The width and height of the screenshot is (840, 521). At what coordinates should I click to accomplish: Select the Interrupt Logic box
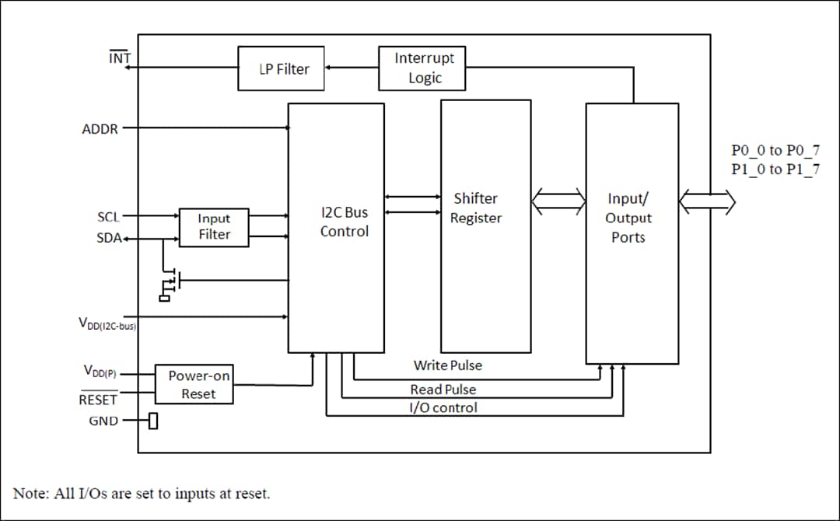coord(422,68)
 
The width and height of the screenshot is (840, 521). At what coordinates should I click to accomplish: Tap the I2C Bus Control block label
coord(344,222)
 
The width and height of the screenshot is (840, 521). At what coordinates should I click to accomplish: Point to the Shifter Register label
coord(475,208)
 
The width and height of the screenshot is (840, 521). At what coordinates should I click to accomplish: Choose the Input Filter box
coord(214,226)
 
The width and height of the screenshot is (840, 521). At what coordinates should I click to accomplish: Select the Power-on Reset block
coord(198,384)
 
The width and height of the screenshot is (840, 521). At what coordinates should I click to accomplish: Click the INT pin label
coord(120,58)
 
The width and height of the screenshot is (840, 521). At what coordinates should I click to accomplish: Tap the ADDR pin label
coord(100,129)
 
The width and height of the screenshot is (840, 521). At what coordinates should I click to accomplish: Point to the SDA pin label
coord(108,238)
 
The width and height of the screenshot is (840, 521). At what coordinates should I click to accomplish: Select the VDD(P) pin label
coord(100,372)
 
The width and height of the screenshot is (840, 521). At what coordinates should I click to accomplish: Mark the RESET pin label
coord(98,400)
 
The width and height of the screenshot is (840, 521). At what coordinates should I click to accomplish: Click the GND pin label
coord(103,421)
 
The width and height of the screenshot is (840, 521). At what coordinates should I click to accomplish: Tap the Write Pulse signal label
coord(447,365)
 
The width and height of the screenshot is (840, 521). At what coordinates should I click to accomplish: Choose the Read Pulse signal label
coord(443,389)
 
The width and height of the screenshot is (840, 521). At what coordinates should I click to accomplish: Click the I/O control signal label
coord(443,407)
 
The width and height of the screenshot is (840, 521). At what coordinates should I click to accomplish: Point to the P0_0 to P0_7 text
coord(775,151)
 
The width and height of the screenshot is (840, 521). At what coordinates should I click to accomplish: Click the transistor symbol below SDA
coord(170,281)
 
